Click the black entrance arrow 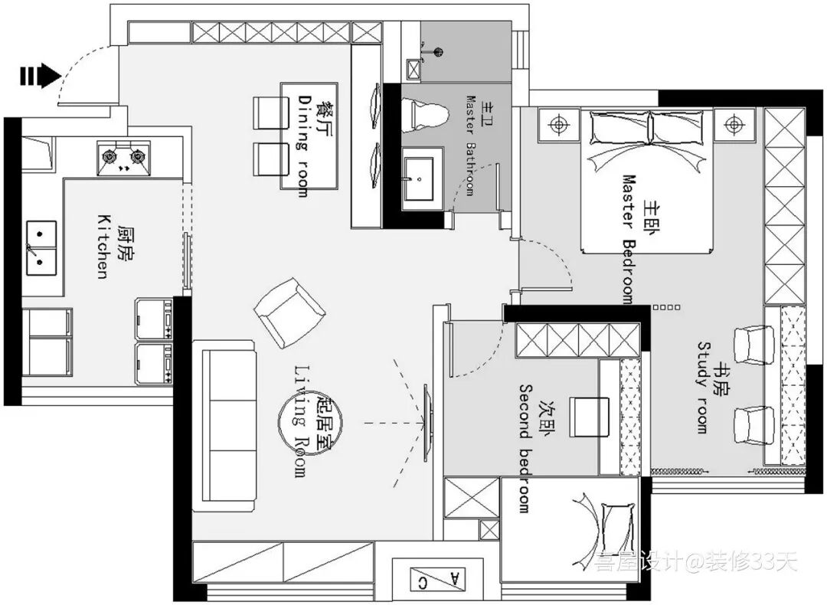tap(41, 76)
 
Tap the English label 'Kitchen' tap(103, 247)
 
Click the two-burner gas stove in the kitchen tap(123, 158)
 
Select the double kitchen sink tap(41, 248)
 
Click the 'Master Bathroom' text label tap(470, 145)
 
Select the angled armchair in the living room tap(289, 313)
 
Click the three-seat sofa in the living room tap(224, 426)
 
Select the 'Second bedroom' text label tap(525, 448)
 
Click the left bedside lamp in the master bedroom tap(558, 125)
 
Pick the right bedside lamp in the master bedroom tap(733, 125)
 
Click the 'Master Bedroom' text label tap(629, 240)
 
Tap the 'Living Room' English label tap(300, 421)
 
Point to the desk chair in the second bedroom tap(589, 417)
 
